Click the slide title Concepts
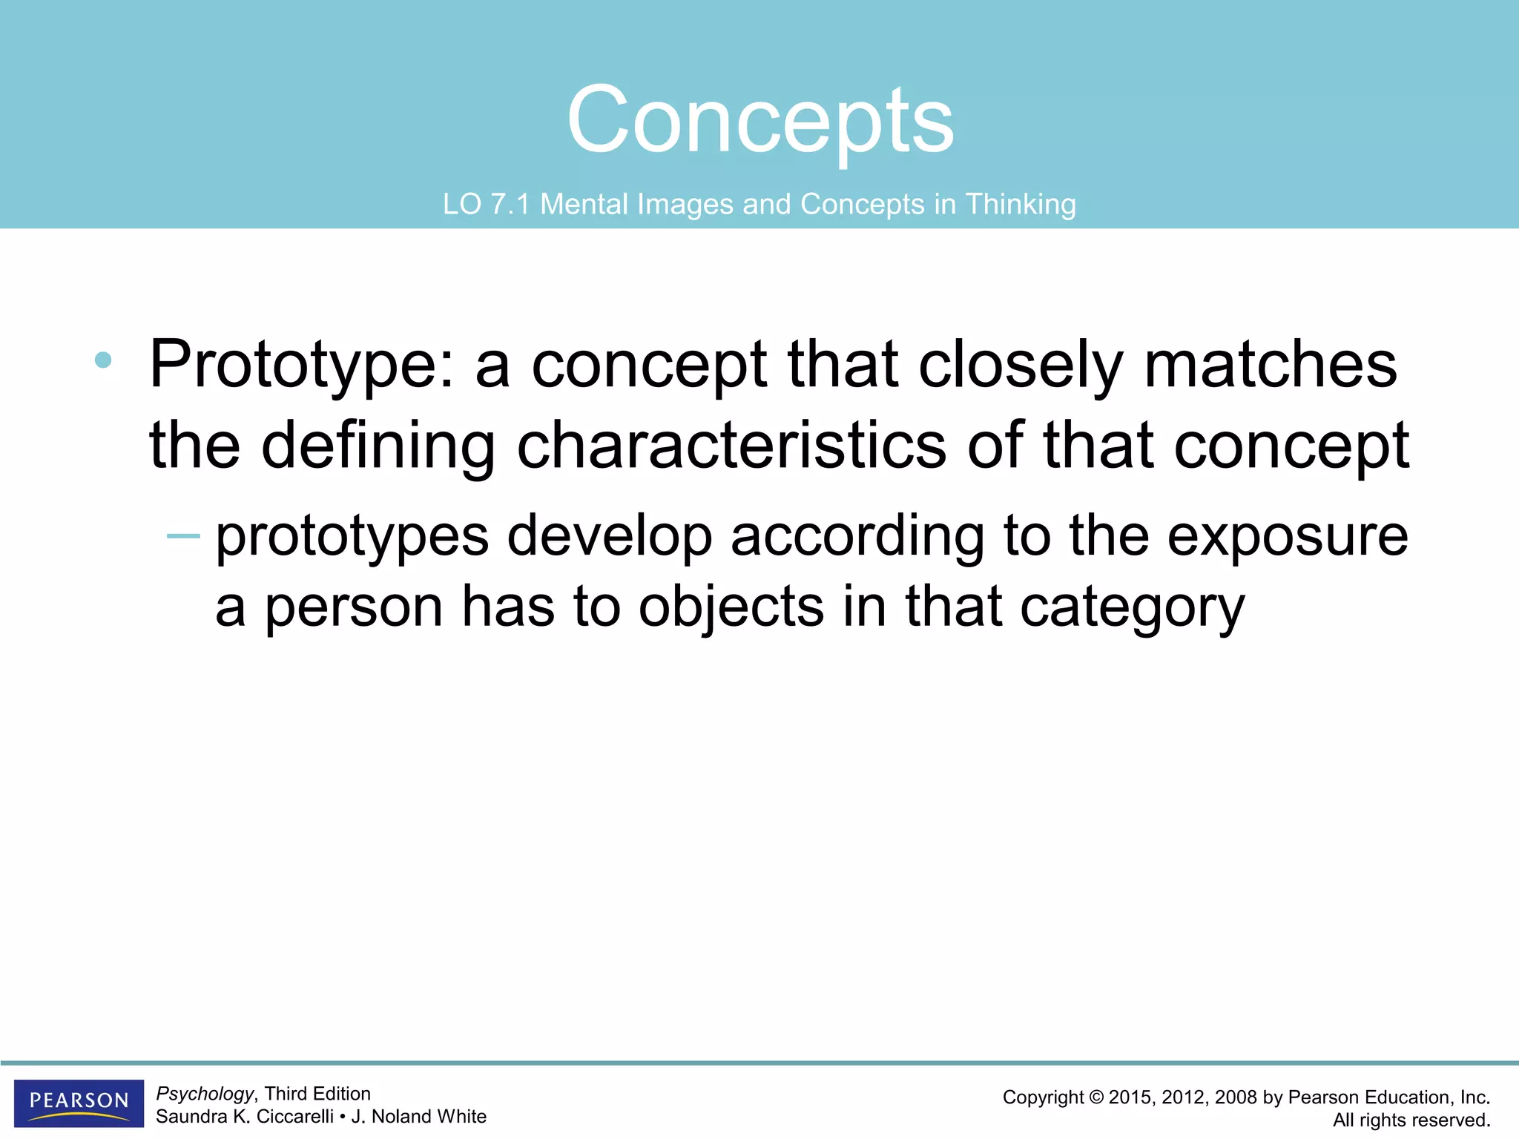pos(760,120)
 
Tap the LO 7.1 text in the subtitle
pos(486,204)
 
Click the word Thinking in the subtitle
pos(1021,204)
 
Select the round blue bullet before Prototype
pos(103,361)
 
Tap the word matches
pos(1271,364)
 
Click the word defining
pos(378,446)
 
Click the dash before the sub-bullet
pos(183,535)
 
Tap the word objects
pos(731,607)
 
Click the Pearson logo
pos(79,1102)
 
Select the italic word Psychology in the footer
pos(205,1094)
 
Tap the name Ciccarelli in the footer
pos(294,1117)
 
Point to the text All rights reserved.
pos(1411,1120)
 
